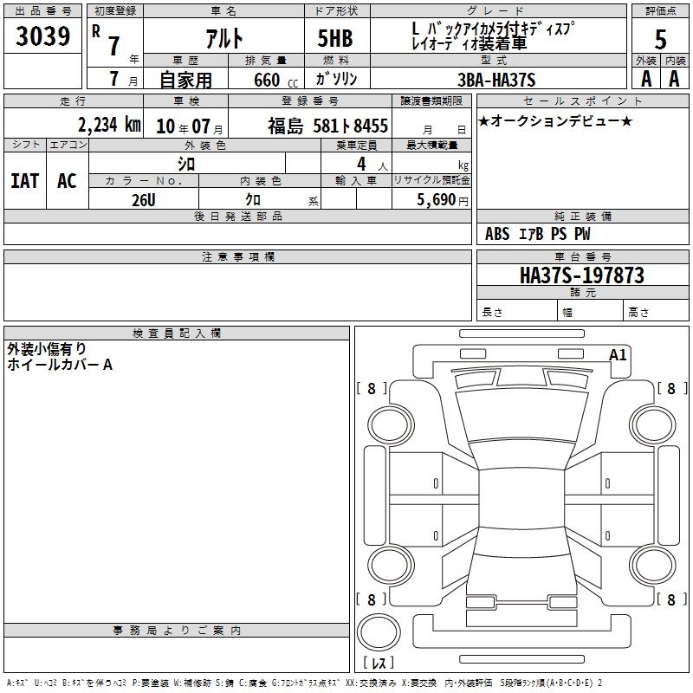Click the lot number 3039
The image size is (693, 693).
[x=42, y=36]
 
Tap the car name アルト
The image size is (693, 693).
[x=224, y=38]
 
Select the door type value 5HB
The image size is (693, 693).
[x=335, y=38]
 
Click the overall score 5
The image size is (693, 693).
[x=660, y=39]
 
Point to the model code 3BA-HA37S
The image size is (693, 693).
[x=496, y=80]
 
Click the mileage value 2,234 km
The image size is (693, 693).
[x=109, y=125]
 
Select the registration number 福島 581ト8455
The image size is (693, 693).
[x=327, y=126]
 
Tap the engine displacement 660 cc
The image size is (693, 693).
[x=275, y=81]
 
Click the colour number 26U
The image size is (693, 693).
[x=144, y=200]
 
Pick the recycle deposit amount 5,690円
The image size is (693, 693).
[x=443, y=200]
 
